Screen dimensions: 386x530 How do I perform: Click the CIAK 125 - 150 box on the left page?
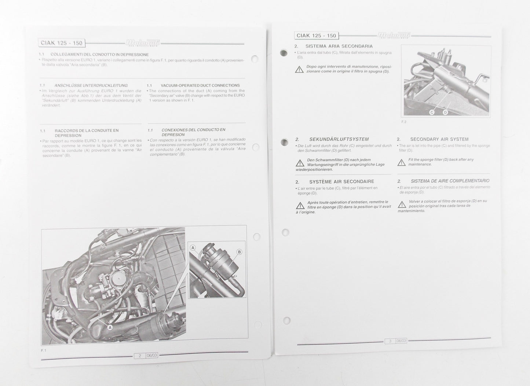point(62,43)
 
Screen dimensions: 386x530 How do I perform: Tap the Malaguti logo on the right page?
point(394,35)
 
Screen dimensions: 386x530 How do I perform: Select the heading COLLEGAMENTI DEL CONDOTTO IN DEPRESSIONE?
point(99,55)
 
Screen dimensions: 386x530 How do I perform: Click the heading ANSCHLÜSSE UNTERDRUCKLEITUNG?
point(91,85)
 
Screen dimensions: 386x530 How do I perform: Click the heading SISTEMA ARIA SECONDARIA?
point(339,46)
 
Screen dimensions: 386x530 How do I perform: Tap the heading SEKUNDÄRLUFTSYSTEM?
point(339,139)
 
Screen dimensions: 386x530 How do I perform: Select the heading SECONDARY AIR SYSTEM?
point(439,139)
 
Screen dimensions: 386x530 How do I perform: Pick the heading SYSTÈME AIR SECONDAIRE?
point(341,181)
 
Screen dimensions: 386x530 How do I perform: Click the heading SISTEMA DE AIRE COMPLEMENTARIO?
point(450,181)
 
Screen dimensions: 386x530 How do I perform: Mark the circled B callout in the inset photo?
point(239,252)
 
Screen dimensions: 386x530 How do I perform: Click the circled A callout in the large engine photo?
point(110,327)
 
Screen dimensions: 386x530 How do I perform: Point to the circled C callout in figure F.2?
point(432,112)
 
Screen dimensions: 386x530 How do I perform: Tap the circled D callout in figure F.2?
point(445,112)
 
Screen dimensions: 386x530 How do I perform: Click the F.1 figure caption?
point(43,350)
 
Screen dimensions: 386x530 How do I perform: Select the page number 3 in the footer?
point(390,341)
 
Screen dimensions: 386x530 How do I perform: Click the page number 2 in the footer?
point(140,356)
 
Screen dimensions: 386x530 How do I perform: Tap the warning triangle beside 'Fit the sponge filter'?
point(402,162)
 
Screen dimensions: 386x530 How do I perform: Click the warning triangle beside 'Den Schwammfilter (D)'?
point(300,162)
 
